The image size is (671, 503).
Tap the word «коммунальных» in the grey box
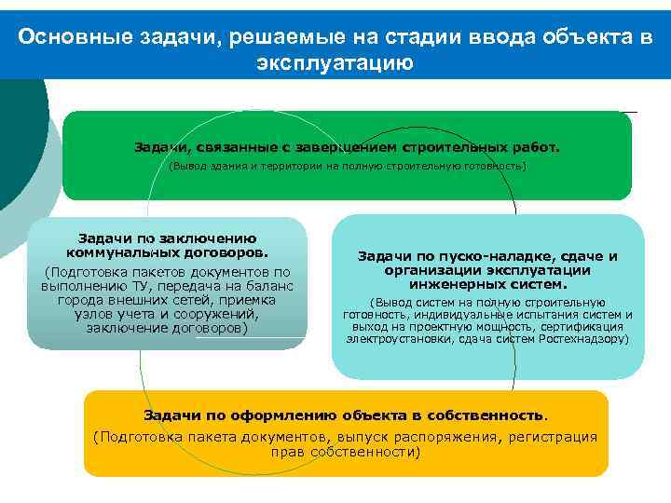[x=114, y=251]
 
